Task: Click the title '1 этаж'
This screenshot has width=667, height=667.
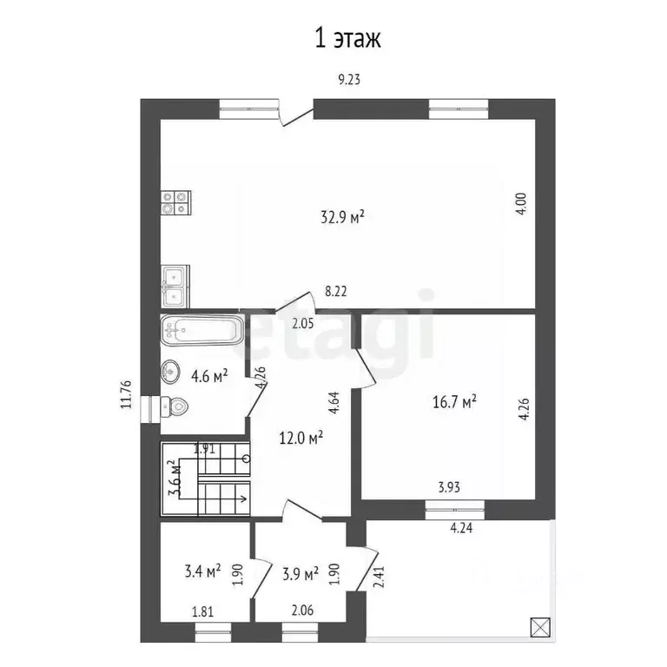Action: click(347, 38)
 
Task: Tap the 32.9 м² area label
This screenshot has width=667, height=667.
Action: click(341, 218)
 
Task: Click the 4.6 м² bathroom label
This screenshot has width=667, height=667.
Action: click(209, 376)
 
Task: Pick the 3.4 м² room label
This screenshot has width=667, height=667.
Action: click(202, 571)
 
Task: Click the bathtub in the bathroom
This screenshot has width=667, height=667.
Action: click(201, 330)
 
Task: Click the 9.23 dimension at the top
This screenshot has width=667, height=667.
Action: click(348, 80)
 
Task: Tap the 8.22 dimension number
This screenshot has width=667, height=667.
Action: click(336, 294)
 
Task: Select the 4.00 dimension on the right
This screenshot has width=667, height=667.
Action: click(521, 204)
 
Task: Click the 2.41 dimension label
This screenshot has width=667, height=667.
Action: click(378, 576)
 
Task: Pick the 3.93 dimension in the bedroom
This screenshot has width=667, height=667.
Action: click(449, 487)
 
